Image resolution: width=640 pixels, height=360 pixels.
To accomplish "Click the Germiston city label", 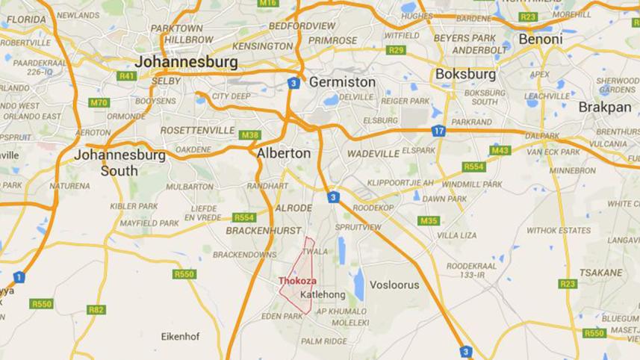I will point(342,81).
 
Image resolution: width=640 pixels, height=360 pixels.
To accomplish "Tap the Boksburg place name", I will point(465,75).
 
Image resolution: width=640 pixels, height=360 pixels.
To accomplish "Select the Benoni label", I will point(541,39).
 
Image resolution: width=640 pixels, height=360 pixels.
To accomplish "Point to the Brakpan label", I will point(605,107).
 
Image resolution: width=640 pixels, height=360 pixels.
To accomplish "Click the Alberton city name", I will point(283,152).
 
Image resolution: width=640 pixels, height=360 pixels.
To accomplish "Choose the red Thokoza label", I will point(297,281).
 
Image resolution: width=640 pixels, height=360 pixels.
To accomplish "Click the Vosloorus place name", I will point(394,285).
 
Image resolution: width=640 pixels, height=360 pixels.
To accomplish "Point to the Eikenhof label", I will point(181,337).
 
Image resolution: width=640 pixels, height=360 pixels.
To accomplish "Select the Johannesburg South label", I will point(119,163).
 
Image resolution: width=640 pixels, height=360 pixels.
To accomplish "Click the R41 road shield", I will point(126,75).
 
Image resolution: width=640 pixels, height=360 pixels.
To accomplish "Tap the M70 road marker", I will point(99,102).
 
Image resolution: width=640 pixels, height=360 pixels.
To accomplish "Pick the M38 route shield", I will point(249,135).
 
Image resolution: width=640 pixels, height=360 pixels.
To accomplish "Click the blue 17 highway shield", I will point(438,131).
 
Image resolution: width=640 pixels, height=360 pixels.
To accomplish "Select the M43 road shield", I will point(500,150).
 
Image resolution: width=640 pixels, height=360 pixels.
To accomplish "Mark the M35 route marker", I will point(429,220).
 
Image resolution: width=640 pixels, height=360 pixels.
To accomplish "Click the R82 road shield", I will point(96,309).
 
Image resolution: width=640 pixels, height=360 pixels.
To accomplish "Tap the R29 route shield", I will point(396,50).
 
